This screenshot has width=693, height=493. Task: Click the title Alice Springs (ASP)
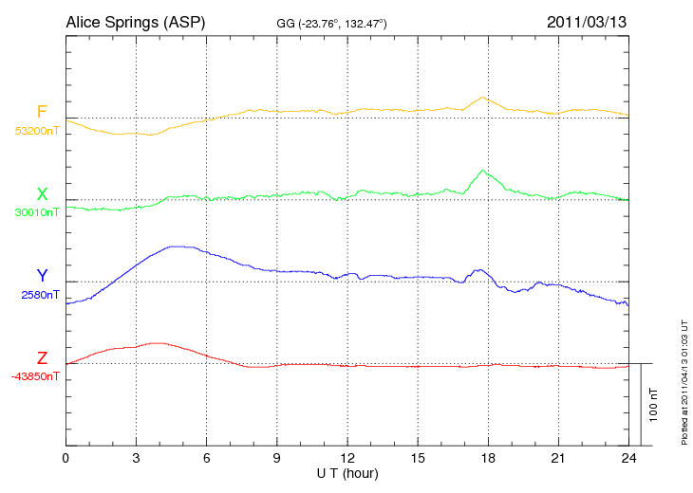pos(135,21)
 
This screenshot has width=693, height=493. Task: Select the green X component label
pos(42,194)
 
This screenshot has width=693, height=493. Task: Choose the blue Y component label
pos(42,276)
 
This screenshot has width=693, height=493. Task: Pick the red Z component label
pos(42,358)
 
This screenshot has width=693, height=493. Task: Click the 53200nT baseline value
pos(37,131)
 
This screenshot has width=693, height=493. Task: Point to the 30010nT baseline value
pos(37,212)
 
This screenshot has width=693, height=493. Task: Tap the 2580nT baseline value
pos(40,295)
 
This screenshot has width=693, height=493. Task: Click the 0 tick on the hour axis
pos(66,458)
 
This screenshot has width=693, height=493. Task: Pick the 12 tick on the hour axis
pos(347,458)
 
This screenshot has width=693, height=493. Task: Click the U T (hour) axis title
pos(347,472)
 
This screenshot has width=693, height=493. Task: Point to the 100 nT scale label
pos(653,405)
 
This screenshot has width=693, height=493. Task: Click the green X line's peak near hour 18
pos(483,171)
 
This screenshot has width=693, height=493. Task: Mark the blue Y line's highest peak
pos(176,246)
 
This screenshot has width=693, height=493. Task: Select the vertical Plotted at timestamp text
pos(684,379)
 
